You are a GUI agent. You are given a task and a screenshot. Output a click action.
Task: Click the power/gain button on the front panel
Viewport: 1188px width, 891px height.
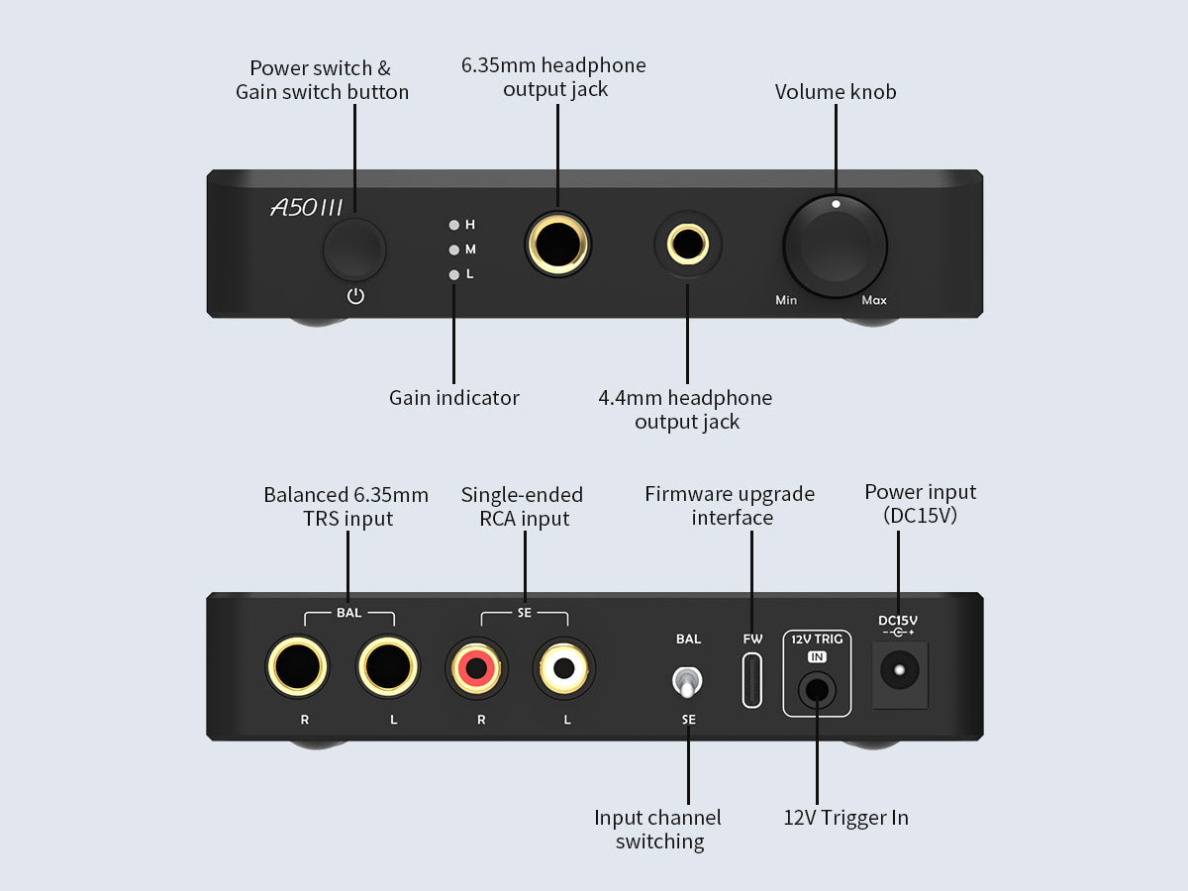(x=353, y=248)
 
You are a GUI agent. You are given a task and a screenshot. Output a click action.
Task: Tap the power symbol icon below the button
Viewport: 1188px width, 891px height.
(x=355, y=296)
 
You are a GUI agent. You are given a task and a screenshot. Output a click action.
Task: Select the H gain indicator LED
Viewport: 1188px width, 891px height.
(x=454, y=225)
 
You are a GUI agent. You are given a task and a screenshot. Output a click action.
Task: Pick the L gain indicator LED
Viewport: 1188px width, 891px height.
(x=454, y=274)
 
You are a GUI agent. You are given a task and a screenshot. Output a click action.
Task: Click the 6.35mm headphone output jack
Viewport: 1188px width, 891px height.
(x=557, y=244)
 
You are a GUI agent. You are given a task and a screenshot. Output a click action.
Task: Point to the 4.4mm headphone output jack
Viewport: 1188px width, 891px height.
(x=688, y=244)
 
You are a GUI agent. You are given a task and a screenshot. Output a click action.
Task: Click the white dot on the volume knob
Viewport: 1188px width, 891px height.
(x=836, y=204)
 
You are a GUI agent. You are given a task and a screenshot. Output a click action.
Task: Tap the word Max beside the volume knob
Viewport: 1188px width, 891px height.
(x=874, y=300)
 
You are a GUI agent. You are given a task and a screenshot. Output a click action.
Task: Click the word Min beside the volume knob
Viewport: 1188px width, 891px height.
(x=786, y=300)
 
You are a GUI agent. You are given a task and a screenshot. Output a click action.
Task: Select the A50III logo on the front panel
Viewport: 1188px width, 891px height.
(x=307, y=207)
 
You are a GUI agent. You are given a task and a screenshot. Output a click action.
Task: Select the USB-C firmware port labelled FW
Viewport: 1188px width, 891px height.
(x=753, y=678)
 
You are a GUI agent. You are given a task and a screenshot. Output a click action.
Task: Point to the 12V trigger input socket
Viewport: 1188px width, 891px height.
(x=817, y=685)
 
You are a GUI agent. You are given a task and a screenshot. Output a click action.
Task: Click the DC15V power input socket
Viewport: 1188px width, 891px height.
(x=899, y=672)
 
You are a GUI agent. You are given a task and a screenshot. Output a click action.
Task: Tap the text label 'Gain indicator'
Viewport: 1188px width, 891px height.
(x=453, y=398)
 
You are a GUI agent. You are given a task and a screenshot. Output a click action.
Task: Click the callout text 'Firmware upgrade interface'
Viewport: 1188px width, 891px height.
(x=731, y=505)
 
